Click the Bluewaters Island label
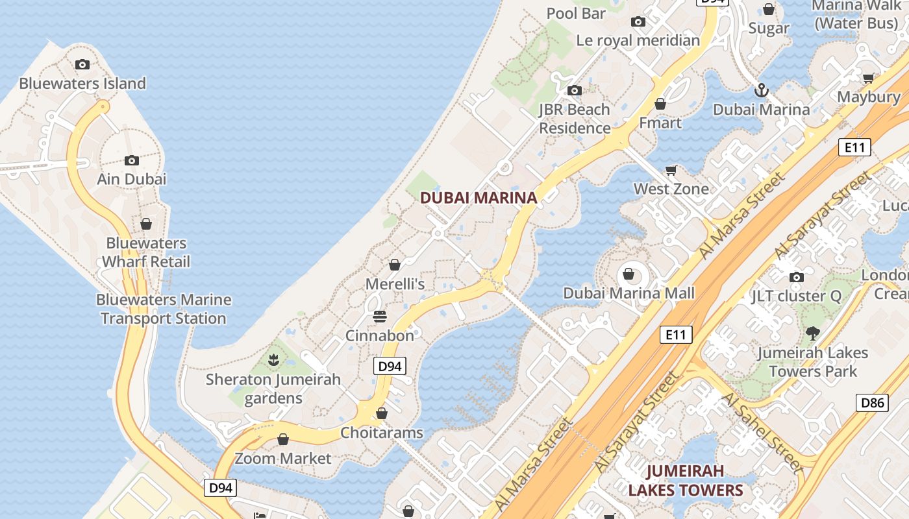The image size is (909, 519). tap(82, 84)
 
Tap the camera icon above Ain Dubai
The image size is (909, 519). tap(132, 160)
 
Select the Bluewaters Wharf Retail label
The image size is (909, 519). tap(146, 252)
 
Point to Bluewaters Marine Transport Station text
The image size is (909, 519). tap(163, 309)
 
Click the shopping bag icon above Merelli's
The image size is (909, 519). tap(394, 265)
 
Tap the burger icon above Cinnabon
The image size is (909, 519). tap(380, 317)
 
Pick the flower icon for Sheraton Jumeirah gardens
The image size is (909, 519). tap(273, 359)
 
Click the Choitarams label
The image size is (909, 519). tap(382, 433)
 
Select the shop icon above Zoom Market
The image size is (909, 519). tap(283, 439)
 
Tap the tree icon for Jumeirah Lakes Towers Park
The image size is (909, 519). tap(812, 333)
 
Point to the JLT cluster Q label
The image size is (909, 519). tap(796, 296)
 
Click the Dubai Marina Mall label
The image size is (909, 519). tap(629, 293)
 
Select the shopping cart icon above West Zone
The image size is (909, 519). tap(671, 170)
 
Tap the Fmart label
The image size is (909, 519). tap(660, 123)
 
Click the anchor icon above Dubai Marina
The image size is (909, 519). tap(762, 90)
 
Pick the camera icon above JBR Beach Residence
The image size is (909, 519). tap(575, 90)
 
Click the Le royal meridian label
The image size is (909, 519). tap(638, 41)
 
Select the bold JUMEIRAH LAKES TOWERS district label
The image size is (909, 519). tap(685, 480)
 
